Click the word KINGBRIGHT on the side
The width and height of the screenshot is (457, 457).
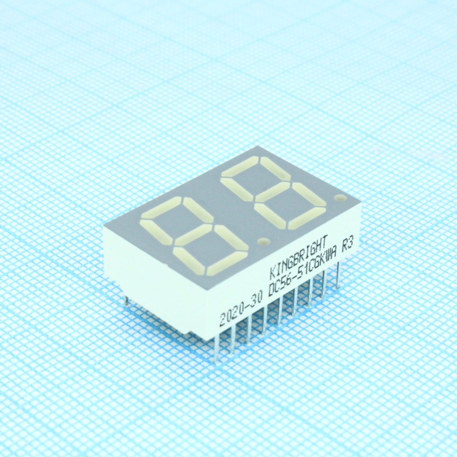click(x=299, y=256)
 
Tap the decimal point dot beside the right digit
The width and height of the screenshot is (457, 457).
click(x=340, y=197)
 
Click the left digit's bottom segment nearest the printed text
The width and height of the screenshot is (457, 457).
click(x=227, y=264)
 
